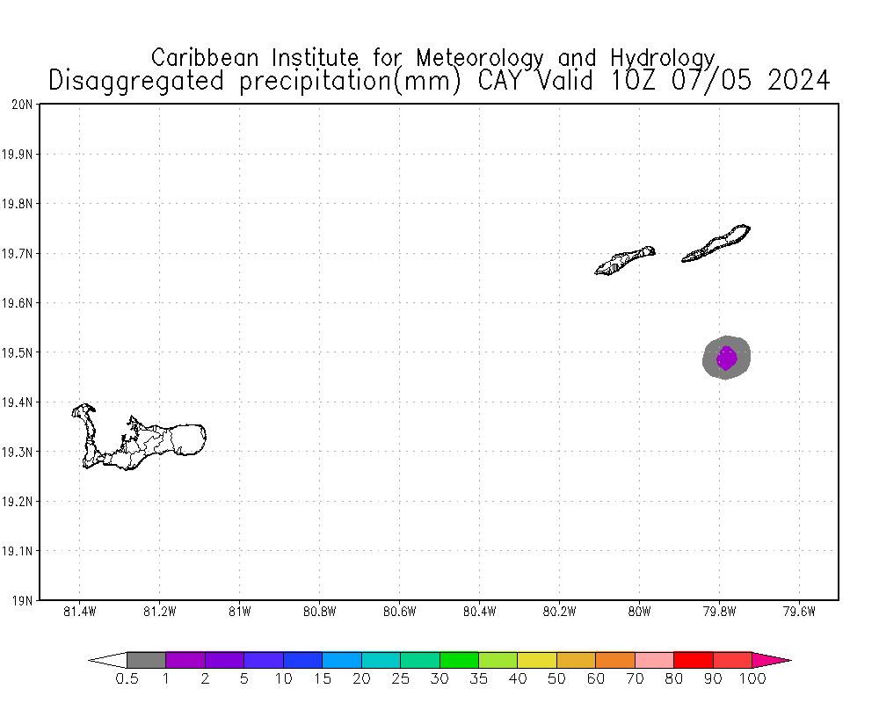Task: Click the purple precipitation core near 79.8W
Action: [x=726, y=358]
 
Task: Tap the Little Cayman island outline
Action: [x=625, y=260]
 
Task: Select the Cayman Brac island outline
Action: [x=716, y=243]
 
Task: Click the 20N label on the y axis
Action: [x=23, y=105]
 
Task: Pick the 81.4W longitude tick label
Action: [x=80, y=612]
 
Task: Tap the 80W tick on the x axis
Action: [x=639, y=612]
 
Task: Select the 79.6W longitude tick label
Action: [x=798, y=612]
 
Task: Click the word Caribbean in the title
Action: [x=207, y=58]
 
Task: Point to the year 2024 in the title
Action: [x=797, y=81]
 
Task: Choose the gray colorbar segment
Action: [x=146, y=660]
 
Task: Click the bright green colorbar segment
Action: [x=459, y=660]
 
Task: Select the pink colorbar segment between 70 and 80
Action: [x=654, y=660]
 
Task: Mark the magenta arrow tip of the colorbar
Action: [x=774, y=660]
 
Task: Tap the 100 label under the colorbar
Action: [x=753, y=679]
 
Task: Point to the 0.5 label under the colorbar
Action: [x=127, y=679]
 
